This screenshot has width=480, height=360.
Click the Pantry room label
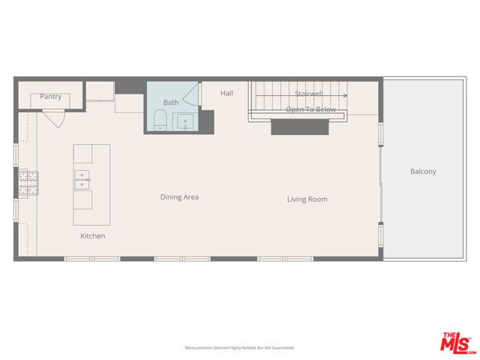point(51,97)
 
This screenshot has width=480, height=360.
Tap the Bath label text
point(171,102)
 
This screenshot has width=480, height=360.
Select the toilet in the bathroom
point(159,120)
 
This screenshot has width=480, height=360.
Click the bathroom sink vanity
point(185,121)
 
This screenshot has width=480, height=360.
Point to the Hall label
point(227,93)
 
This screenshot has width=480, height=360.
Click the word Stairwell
point(308,94)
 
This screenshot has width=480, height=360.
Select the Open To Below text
point(310,109)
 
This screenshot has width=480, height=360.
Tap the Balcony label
point(423,172)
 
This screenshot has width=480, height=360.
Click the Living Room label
point(307,199)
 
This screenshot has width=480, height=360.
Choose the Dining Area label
point(179,197)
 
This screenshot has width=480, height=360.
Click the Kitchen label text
point(93,236)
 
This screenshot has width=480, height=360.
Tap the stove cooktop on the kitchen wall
point(28,184)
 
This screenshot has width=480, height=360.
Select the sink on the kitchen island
point(82,179)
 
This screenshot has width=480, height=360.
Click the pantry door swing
point(53,118)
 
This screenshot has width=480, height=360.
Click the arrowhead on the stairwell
point(345,96)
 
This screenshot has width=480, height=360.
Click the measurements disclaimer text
point(240,348)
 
